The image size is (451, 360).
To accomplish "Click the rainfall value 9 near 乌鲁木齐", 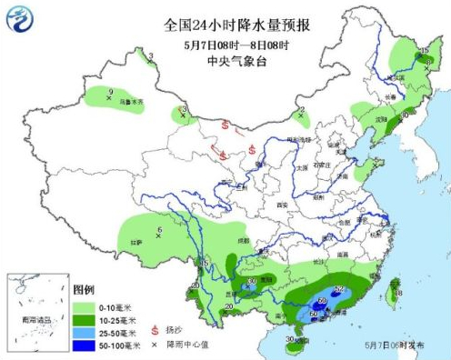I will coord(110,92).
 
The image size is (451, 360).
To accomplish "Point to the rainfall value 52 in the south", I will coord(339,289).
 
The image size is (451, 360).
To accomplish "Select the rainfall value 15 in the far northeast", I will coord(426,51).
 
